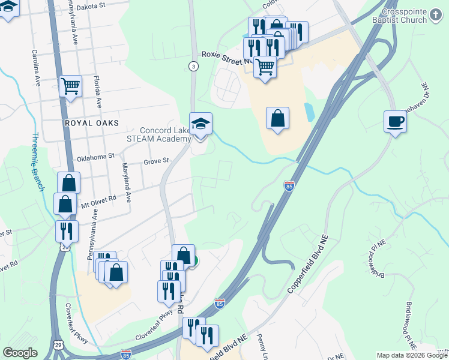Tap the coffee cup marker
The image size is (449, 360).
pos(395,121)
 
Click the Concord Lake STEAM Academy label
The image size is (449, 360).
pos(165,134)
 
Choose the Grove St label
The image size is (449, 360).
pos(157,161)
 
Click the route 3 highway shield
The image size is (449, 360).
pos(193,66)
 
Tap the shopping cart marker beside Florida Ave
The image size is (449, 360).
pos(70,86)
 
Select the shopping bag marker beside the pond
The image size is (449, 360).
pos(278,118)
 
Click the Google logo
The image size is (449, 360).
pos(20,353)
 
